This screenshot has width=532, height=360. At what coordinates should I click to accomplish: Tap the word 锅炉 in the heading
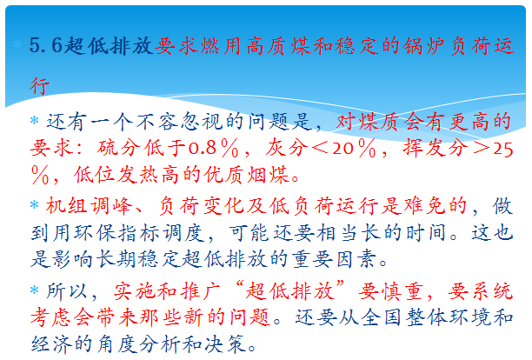click(x=425, y=46)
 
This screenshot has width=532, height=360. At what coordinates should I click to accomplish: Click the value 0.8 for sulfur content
click(x=203, y=149)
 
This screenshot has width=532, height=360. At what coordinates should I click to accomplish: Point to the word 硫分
click(x=119, y=148)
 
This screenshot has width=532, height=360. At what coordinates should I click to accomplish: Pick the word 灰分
click(x=286, y=148)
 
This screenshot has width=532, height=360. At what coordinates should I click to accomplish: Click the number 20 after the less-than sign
click(x=343, y=149)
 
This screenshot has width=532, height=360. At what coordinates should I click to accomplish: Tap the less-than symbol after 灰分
click(x=320, y=149)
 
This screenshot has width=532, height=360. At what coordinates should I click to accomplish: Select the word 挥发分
click(x=436, y=148)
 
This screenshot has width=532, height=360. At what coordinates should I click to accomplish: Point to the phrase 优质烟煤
click(x=247, y=175)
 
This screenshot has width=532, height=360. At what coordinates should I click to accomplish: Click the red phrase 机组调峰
click(x=89, y=205)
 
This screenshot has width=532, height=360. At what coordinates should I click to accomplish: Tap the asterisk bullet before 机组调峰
click(x=34, y=205)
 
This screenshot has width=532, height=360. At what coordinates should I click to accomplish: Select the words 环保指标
click(x=117, y=233)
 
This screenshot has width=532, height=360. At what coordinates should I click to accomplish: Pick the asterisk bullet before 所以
click(x=34, y=290)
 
